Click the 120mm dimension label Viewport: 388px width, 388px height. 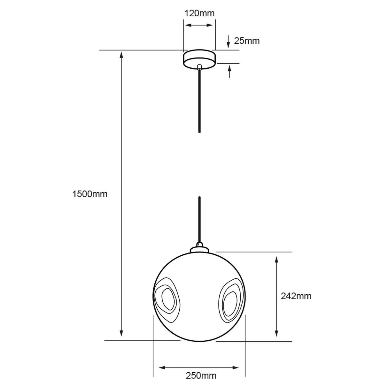[x=199, y=13]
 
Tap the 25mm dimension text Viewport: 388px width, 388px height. [x=247, y=41]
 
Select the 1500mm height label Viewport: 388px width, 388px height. [x=90, y=194]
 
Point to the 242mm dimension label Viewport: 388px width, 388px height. [x=296, y=296]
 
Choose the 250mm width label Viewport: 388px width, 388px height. [x=201, y=376]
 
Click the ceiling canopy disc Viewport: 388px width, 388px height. [x=199, y=59]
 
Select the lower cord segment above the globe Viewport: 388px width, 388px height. [x=199, y=221]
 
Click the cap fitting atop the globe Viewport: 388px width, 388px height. [x=199, y=248]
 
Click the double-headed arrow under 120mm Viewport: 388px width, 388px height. [x=199, y=26]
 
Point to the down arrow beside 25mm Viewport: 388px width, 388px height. [x=229, y=41]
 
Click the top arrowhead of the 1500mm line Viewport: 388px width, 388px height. [x=121, y=54]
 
